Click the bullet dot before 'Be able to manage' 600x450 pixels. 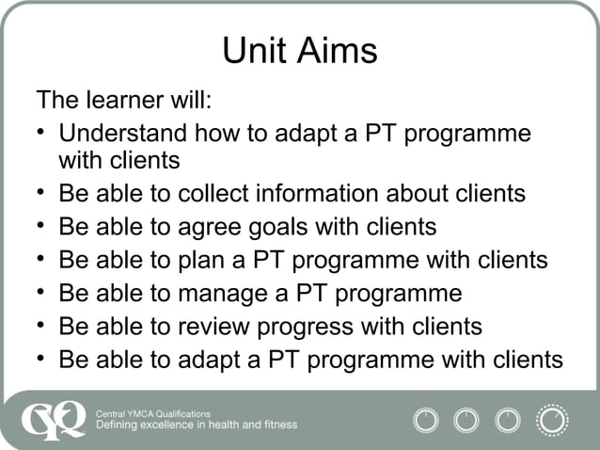click(43, 293)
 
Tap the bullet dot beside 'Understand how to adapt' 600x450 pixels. click(43, 133)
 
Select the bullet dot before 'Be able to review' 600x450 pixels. click(43, 326)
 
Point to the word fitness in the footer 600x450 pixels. click(278, 426)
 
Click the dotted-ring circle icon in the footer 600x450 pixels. click(552, 420)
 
